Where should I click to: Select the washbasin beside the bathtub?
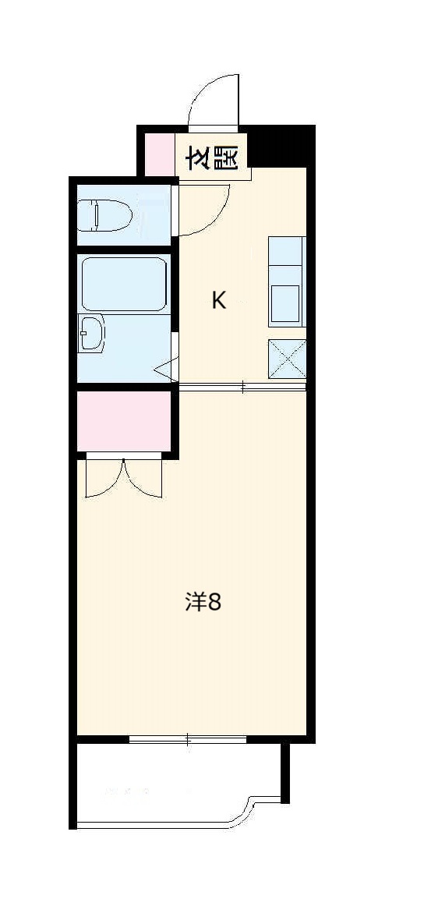[91, 334]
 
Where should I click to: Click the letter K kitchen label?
[219, 301]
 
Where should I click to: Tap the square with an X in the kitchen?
[286, 359]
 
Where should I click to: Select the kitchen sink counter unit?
[286, 281]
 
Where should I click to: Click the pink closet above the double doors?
[124, 421]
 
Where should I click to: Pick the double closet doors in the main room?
[124, 478]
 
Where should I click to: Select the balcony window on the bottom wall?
[188, 738]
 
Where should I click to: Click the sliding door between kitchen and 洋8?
[242, 387]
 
